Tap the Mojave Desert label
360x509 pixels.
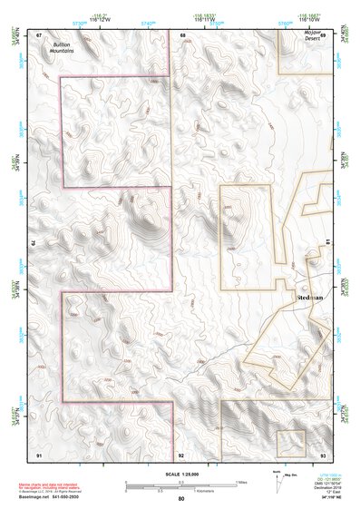(x=314, y=35)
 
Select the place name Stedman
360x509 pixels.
(x=311, y=297)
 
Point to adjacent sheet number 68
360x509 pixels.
(x=182, y=34)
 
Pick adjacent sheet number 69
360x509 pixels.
(x=323, y=34)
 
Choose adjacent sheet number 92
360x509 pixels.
(x=181, y=453)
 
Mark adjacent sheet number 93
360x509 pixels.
(x=323, y=453)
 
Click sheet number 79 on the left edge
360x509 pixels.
(x=34, y=243)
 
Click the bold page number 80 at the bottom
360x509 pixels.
(x=181, y=498)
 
